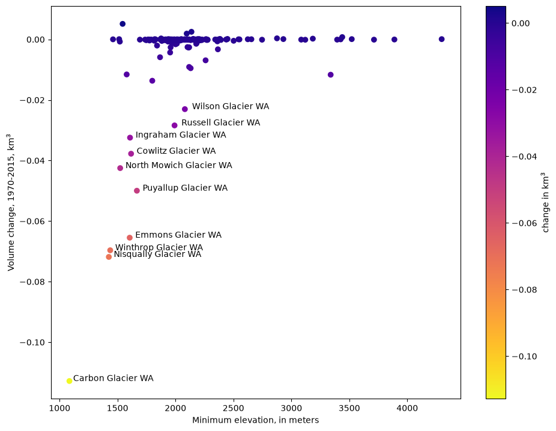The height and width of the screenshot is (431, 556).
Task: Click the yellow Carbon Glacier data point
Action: point(69,381)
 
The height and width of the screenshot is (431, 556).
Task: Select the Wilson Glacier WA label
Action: point(231,106)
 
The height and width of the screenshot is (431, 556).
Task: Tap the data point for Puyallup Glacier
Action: point(137,191)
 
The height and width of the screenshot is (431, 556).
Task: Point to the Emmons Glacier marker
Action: point(130,238)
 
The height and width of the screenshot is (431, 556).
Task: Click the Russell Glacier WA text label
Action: point(220,122)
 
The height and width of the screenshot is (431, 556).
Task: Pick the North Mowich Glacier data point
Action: point(120,168)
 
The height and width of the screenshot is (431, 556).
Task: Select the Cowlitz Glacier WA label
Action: point(177,151)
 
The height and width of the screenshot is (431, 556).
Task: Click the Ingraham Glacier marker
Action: point(130,137)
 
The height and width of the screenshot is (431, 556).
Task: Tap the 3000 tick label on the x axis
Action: point(291,408)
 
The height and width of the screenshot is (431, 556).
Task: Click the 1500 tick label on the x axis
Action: point(117,408)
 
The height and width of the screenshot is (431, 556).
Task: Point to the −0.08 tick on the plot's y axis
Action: point(34,282)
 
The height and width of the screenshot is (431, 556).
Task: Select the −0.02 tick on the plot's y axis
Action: point(34,101)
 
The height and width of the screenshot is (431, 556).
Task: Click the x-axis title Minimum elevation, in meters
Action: point(256,420)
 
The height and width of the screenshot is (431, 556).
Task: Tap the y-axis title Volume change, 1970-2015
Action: point(11,202)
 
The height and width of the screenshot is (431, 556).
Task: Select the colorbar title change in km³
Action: point(545,202)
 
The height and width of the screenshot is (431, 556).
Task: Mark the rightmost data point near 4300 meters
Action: point(441,39)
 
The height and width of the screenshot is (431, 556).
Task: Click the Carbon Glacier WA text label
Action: point(113,378)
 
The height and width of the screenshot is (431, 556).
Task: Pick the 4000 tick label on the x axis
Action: point(407,408)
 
